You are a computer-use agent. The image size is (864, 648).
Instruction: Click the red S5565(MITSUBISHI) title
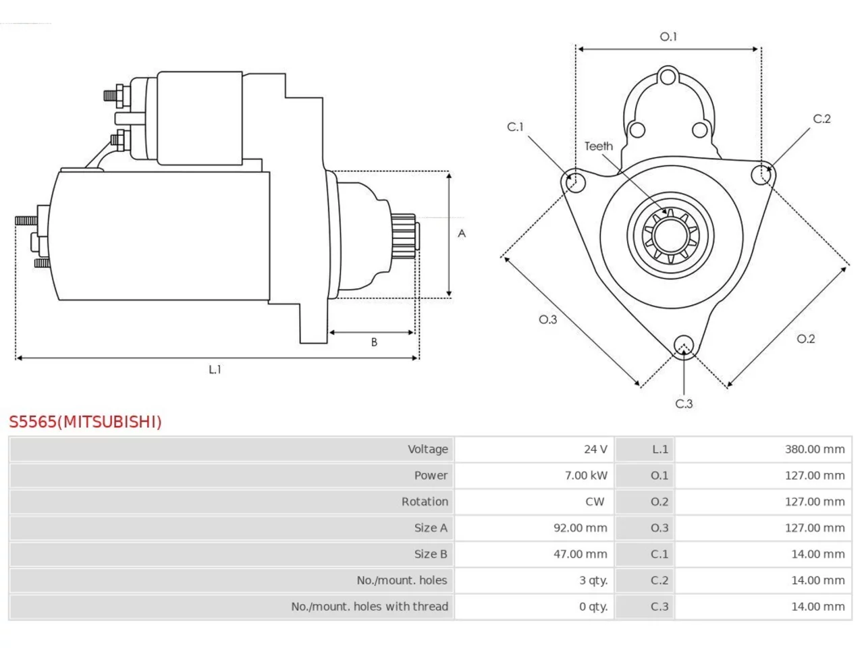coord(85,422)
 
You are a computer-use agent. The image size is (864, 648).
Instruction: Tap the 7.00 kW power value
coord(586,476)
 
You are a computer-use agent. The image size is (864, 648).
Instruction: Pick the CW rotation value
coord(595,502)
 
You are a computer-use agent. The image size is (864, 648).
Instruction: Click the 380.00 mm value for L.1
coord(815,450)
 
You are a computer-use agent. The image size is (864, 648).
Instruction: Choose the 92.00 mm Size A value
coord(580,528)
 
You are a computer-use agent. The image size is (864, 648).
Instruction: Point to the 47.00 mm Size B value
coord(580,554)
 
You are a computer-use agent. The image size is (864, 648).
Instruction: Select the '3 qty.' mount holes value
coord(593,580)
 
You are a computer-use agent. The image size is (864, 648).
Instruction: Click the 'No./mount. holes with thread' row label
coord(369,607)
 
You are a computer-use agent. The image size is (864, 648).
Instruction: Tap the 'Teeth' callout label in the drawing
coord(598,146)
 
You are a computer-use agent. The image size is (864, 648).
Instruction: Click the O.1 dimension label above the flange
coord(668,37)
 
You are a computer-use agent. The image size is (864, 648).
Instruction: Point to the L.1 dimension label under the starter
coord(215,369)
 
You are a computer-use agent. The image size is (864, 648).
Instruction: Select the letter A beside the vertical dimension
coord(462,234)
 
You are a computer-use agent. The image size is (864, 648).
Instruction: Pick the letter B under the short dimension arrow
coord(374,342)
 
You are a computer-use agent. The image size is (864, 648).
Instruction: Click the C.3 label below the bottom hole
coord(684,404)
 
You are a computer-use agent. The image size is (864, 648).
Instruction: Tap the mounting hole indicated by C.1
coord(575,182)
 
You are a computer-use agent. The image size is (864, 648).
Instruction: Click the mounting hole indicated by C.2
coord(761,174)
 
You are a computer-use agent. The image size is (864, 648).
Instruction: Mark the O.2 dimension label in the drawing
coord(805,339)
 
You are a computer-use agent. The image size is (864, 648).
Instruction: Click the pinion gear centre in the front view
coord(670,236)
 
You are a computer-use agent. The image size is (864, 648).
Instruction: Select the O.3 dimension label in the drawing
coord(547,319)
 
